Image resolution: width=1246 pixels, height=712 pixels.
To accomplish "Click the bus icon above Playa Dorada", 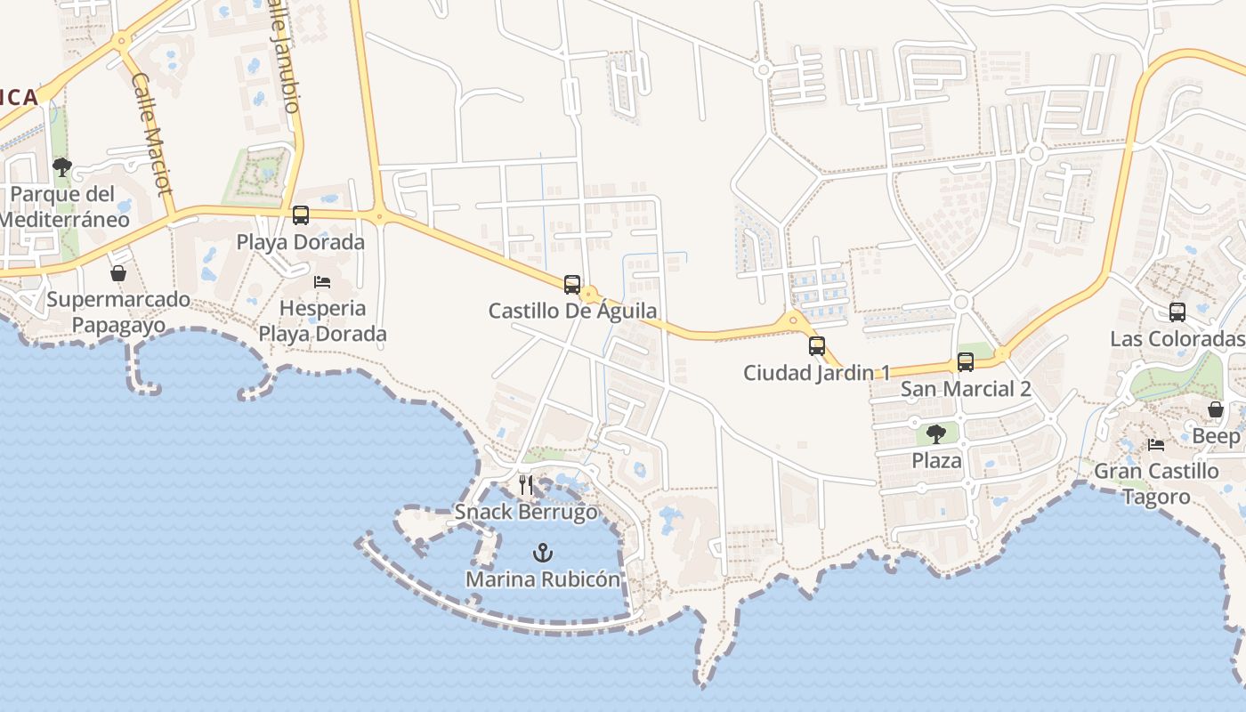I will click(x=301, y=215).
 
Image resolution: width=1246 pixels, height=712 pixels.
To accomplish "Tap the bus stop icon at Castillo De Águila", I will click(x=572, y=285).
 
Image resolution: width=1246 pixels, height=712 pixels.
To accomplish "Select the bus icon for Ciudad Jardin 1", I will click(x=816, y=346).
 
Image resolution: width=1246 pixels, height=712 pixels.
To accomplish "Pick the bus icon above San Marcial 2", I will click(x=966, y=362).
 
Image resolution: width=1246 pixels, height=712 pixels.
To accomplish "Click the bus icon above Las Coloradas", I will click(x=1177, y=312).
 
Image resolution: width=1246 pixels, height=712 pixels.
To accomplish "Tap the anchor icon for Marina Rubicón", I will click(x=542, y=554).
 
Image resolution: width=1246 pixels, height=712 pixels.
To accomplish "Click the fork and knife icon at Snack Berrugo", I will click(x=526, y=485).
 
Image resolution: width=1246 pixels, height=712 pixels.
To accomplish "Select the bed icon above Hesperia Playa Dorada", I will click(x=322, y=282).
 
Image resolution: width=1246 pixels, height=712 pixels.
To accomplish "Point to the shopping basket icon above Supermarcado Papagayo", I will click(x=118, y=273).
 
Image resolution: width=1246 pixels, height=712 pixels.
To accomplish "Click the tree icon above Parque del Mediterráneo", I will click(x=62, y=167).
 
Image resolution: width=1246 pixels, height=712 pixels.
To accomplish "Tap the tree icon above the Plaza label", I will click(x=935, y=434).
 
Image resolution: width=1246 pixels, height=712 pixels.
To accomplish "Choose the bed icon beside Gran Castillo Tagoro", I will click(x=1156, y=445).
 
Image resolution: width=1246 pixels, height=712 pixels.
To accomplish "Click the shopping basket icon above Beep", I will click(x=1216, y=410).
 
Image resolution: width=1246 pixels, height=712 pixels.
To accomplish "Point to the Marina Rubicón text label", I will click(x=543, y=579).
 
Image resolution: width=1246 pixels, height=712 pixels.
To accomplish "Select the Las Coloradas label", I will click(x=1177, y=339).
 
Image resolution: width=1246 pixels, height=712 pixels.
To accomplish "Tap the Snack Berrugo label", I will click(x=526, y=513).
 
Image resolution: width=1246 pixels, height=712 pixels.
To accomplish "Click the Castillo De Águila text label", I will click(x=572, y=311).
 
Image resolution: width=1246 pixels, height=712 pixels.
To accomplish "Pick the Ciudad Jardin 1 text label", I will click(x=816, y=373).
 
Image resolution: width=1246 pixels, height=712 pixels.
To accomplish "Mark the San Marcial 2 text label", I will click(x=966, y=389).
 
